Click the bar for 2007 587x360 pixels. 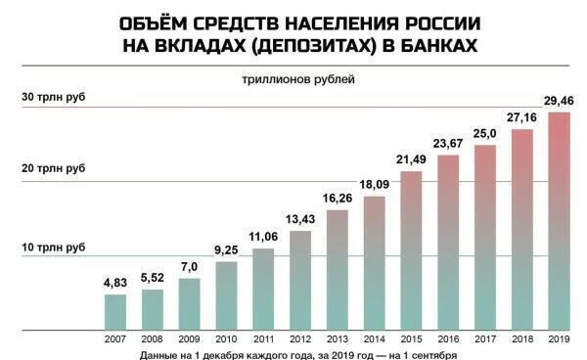(x=115, y=311)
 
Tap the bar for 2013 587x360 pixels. (x=338, y=268)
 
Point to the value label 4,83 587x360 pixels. (x=115, y=284)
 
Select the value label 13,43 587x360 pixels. (x=300, y=218)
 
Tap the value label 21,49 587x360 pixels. (x=412, y=159)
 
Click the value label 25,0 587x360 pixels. (x=485, y=134)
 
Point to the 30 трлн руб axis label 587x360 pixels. (x=54, y=98)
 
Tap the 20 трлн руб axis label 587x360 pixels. (x=54, y=170)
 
